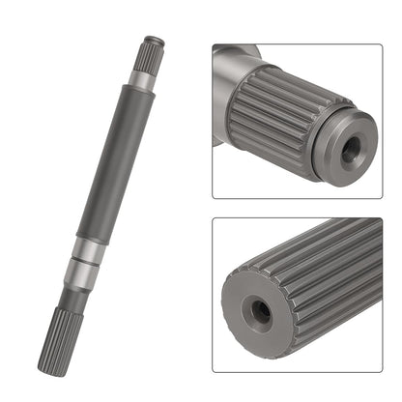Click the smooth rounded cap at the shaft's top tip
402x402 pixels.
click(x=154, y=39)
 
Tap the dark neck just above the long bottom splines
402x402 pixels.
click(x=75, y=295)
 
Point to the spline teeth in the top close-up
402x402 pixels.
click(x=280, y=116)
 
